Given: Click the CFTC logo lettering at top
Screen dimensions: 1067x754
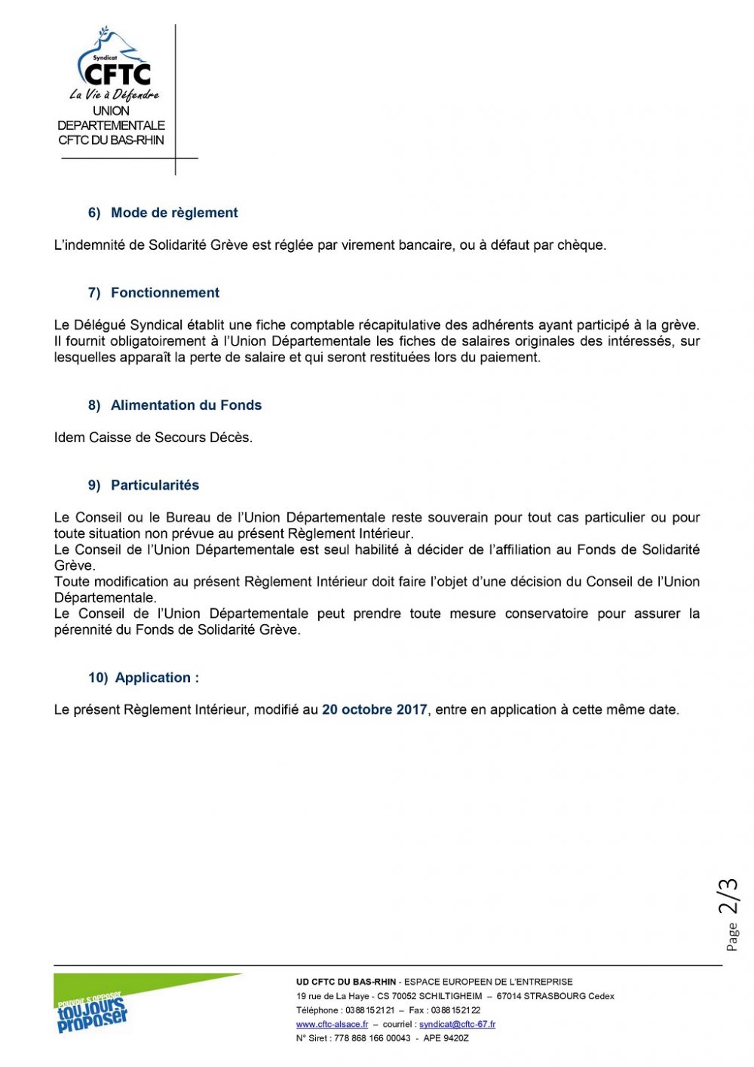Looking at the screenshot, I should (118, 74).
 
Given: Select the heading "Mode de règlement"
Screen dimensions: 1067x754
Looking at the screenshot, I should (174, 213).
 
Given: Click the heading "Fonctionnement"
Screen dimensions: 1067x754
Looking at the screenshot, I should (165, 293).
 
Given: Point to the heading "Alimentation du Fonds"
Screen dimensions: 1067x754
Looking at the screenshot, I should (186, 405).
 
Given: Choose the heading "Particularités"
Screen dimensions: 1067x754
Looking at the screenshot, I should (155, 485).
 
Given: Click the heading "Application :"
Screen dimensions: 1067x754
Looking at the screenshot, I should (157, 678).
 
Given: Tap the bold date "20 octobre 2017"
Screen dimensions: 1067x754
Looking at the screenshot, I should (374, 709).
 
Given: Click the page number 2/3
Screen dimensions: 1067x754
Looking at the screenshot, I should (728, 896).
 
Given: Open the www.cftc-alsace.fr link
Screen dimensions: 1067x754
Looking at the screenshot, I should (332, 1024).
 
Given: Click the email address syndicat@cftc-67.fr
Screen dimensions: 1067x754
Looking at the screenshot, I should (457, 1024).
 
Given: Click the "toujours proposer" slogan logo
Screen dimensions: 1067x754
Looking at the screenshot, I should (93, 1011).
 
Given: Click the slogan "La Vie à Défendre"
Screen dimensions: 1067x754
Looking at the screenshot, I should (114, 95).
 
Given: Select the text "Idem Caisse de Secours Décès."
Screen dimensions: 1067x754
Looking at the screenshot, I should (153, 438).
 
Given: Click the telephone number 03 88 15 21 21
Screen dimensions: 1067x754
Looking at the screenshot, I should (369, 1010).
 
